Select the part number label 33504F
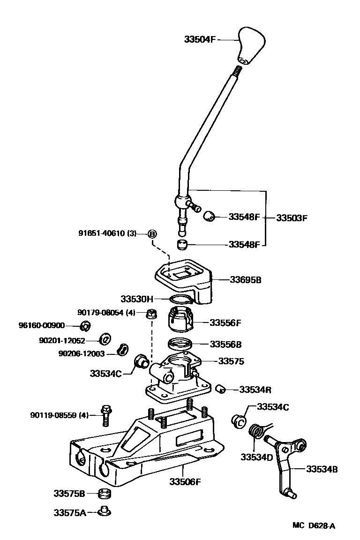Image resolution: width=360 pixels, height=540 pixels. [200, 40]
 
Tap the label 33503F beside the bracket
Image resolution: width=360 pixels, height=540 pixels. [292, 217]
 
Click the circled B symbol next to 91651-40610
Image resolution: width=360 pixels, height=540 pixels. [152, 233]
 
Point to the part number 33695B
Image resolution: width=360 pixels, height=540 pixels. [245, 280]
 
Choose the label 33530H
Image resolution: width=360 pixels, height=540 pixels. [136, 299]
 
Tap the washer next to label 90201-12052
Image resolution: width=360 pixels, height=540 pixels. [106, 338]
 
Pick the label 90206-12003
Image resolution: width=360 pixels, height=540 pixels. [82, 353]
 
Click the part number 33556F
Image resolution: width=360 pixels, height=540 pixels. [225, 322]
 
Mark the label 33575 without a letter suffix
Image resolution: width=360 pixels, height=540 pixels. [231, 361]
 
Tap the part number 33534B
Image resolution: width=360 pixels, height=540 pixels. [322, 468]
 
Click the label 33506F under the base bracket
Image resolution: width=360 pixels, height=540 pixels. [185, 481]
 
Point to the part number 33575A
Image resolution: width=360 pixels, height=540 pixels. [69, 512]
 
